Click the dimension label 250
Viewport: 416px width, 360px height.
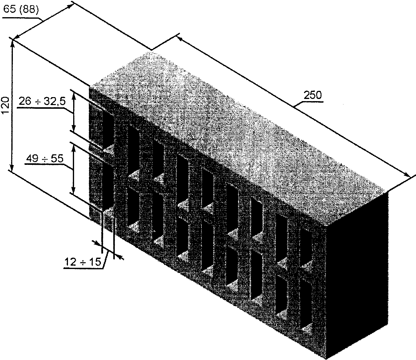tap(313, 95)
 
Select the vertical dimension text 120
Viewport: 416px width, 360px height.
tap(5, 105)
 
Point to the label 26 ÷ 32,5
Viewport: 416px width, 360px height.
tap(42, 101)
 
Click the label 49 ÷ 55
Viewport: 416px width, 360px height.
tap(44, 158)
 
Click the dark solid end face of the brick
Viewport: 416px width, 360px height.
tap(358, 276)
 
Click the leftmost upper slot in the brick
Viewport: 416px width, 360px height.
tap(107, 126)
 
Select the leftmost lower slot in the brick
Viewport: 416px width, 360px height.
tap(107, 184)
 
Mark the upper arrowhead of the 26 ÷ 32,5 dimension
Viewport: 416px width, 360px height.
tap(73, 94)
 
